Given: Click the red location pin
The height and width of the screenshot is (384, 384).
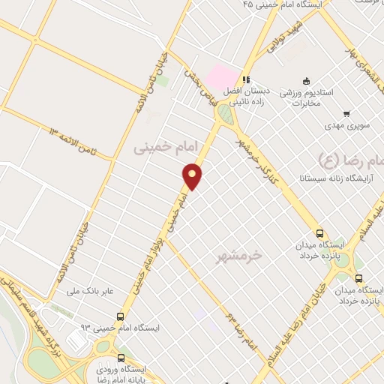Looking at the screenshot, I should (193, 175).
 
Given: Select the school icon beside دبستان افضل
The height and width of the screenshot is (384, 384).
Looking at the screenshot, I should (244, 80).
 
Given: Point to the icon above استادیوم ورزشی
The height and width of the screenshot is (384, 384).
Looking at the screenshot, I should (306, 81).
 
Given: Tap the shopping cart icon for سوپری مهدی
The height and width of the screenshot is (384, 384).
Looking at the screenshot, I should (346, 114).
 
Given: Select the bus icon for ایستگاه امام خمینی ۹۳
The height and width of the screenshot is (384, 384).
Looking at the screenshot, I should (121, 317).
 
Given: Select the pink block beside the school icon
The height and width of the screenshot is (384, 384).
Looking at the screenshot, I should (220, 76).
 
